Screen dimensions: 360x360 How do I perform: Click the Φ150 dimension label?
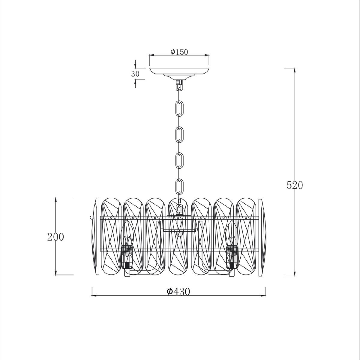point(179,52)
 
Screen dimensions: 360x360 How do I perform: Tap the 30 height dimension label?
point(135,74)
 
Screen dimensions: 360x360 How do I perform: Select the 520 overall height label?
point(294,185)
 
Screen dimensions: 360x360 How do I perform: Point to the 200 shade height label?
point(55,237)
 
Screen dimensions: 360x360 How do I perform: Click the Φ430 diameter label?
point(178,291)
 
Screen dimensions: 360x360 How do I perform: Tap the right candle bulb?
point(232,235)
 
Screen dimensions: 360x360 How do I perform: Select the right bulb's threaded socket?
point(232,252)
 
